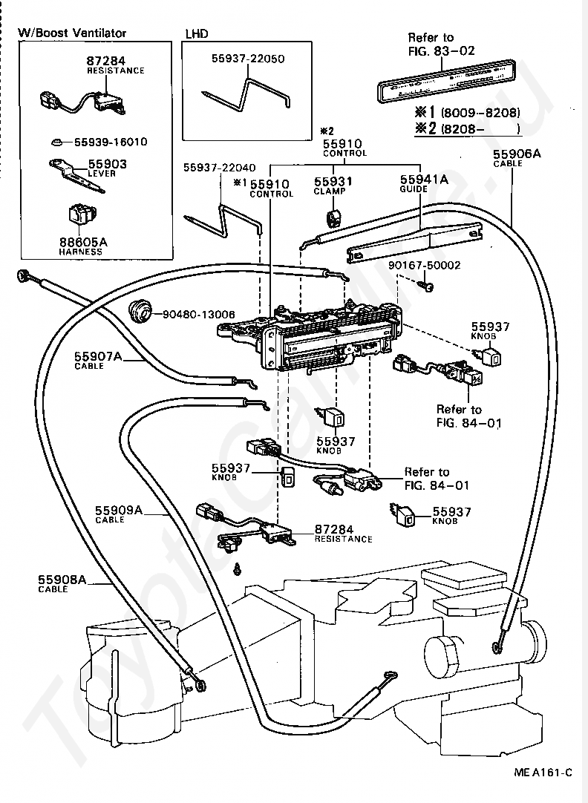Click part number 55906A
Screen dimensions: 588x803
point(516,154)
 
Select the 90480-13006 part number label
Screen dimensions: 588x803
point(199,314)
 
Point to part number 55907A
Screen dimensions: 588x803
point(98,356)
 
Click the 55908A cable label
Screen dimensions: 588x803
point(62,580)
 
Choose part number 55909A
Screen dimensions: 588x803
point(118,510)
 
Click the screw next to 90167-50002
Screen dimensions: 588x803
point(427,285)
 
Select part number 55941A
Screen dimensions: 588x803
point(424,179)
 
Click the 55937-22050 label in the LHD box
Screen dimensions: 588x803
point(248,59)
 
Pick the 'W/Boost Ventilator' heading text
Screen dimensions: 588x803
point(72,33)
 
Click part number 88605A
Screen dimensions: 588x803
point(83,242)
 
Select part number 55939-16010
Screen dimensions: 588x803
point(111,141)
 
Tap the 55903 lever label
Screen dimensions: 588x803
point(108,164)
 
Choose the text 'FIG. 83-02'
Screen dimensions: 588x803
point(441,50)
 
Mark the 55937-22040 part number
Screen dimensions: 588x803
point(219,168)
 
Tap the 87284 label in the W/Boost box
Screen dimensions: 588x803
point(105,61)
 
